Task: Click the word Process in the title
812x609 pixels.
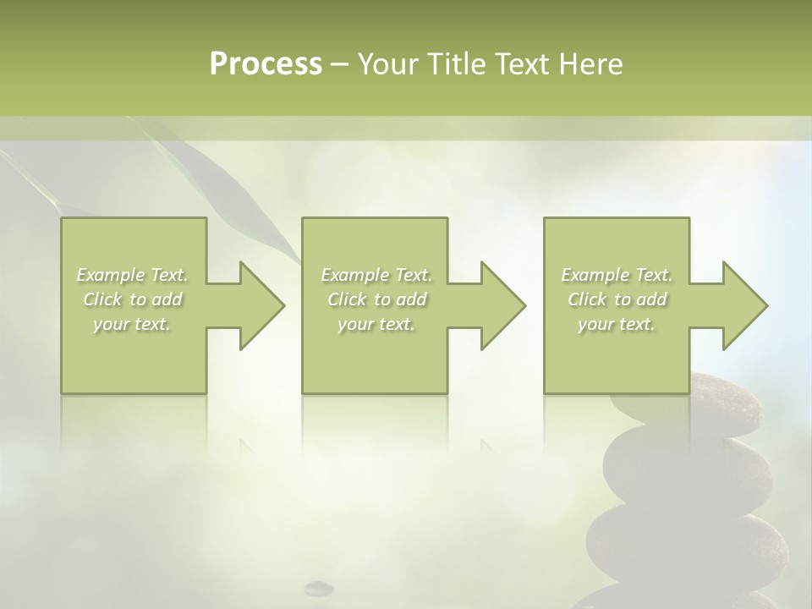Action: click(266, 64)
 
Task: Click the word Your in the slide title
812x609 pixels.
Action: click(390, 64)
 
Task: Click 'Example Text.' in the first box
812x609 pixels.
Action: click(133, 275)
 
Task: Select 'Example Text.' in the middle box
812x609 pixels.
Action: click(376, 275)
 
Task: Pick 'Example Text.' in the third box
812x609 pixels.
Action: click(617, 275)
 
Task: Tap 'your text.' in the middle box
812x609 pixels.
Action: click(376, 324)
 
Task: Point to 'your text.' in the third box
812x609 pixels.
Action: click(617, 324)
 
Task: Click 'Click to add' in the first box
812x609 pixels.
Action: click(133, 299)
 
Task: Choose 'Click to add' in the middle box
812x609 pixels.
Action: click(376, 299)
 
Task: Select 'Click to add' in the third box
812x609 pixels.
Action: click(617, 299)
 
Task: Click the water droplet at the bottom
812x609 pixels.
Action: click(319, 585)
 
